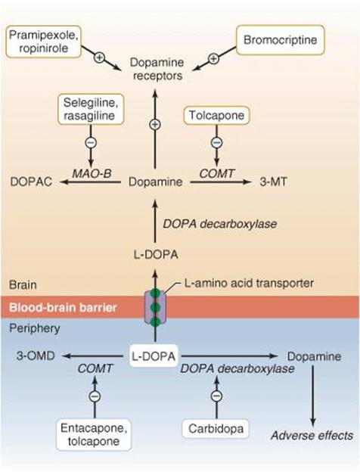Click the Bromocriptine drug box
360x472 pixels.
point(281,40)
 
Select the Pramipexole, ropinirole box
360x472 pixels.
point(44,42)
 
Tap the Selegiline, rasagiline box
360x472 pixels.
point(91,109)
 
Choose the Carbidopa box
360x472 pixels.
point(216,428)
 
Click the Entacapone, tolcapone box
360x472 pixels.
point(94,434)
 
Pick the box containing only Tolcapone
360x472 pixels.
point(216,115)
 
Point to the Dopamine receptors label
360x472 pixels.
point(157,69)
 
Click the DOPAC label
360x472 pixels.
point(31,182)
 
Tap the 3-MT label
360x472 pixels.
point(273,182)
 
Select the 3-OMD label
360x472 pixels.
point(36,356)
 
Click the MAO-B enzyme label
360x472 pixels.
point(92,173)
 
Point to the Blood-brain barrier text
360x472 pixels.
point(63,308)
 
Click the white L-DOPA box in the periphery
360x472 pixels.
point(154,356)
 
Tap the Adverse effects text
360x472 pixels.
point(312,436)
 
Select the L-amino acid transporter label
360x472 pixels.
point(249,283)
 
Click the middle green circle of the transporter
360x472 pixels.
point(155,307)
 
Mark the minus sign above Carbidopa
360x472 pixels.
point(216,396)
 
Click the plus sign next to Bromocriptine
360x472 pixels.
point(213,58)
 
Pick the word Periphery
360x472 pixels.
point(35,328)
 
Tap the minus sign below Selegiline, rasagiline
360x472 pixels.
point(91,142)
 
